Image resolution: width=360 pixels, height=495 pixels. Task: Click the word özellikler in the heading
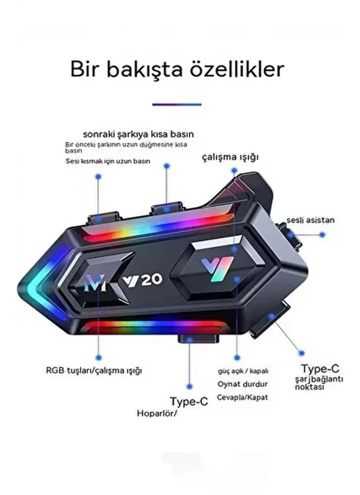coord(237,69)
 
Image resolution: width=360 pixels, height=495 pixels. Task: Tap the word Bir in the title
coord(85,69)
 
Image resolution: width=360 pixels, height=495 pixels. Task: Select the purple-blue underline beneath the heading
coord(177,104)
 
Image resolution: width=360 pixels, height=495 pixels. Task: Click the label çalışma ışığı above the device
coord(230,157)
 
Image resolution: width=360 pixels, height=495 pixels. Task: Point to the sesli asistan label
coord(310,220)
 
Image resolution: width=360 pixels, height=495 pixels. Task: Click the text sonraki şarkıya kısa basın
coord(138,135)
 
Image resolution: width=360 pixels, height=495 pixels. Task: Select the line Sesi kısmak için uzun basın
coord(108,161)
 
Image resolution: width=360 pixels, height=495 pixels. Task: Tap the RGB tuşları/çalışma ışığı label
coord(94,370)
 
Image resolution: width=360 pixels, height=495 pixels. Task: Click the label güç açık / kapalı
coord(243,371)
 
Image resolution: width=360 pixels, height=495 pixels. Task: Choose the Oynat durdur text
coord(243,384)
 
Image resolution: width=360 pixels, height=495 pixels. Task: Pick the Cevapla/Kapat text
coord(242,398)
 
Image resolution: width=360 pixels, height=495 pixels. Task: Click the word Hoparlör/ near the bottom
coord(157,413)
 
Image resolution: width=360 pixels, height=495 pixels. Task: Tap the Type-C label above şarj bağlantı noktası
coord(320,368)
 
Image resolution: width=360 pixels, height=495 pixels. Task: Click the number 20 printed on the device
coord(152,280)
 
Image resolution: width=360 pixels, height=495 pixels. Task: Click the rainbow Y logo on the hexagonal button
coord(218,269)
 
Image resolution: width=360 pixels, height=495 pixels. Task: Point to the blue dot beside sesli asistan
coord(322,234)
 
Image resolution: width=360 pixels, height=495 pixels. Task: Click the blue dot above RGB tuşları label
coord(98,357)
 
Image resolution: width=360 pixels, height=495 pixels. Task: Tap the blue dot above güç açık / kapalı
coord(237,357)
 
